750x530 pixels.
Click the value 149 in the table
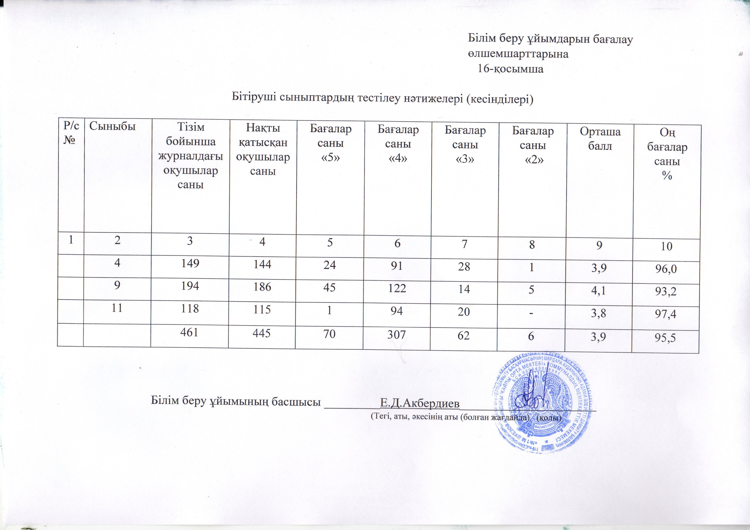[x=190, y=263]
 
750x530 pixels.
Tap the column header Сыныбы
[x=112, y=126]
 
